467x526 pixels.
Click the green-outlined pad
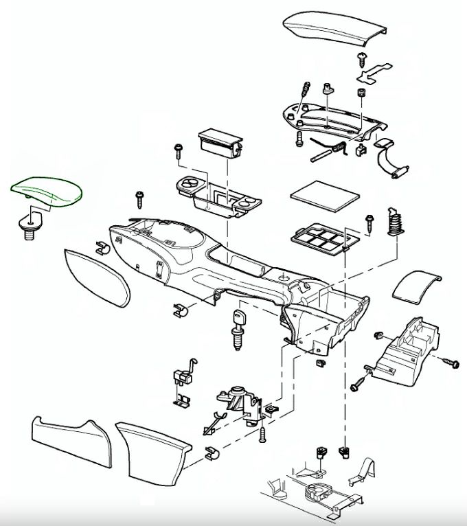coord(46,190)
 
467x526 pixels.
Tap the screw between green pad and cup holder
coord(141,199)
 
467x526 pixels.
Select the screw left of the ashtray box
coord(179,150)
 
